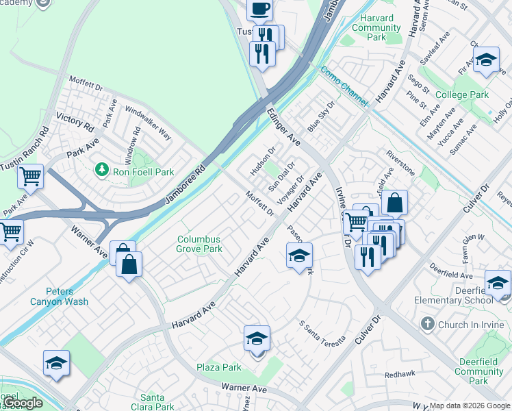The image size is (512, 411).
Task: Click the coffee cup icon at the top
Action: (x=259, y=10)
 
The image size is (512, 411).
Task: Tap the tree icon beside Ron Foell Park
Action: (x=102, y=168)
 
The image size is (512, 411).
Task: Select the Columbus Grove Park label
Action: (x=199, y=245)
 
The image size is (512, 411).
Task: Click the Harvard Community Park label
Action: (x=376, y=28)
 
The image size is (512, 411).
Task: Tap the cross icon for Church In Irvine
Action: (x=428, y=323)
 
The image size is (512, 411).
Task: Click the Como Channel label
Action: (x=344, y=86)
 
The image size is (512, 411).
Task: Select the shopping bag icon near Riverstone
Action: (x=395, y=203)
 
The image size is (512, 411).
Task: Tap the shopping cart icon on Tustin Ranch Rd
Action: (x=30, y=177)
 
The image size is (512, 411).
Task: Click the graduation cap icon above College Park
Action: (x=486, y=61)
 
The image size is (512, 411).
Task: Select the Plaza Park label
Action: (x=219, y=367)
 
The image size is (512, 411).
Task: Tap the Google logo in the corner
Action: (x=23, y=403)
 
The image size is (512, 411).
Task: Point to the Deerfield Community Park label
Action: (x=478, y=376)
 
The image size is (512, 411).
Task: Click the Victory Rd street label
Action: (x=75, y=123)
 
